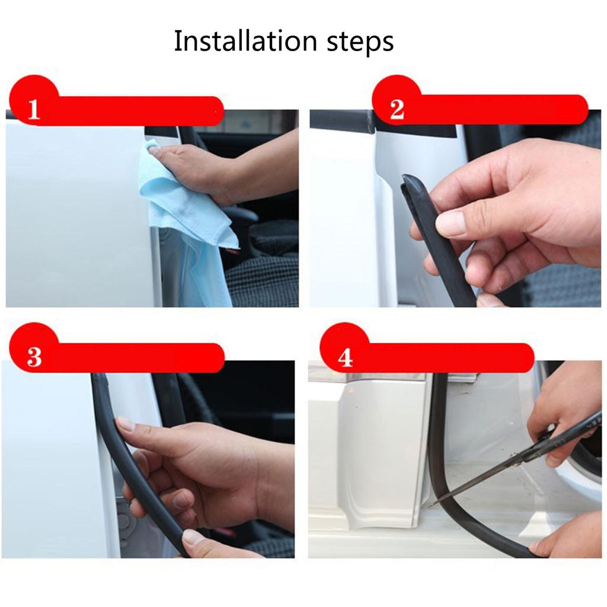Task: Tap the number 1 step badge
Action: tap(34, 110)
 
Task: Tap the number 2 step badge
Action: tap(397, 110)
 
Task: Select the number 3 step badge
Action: tap(34, 357)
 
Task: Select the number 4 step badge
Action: tap(344, 357)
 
